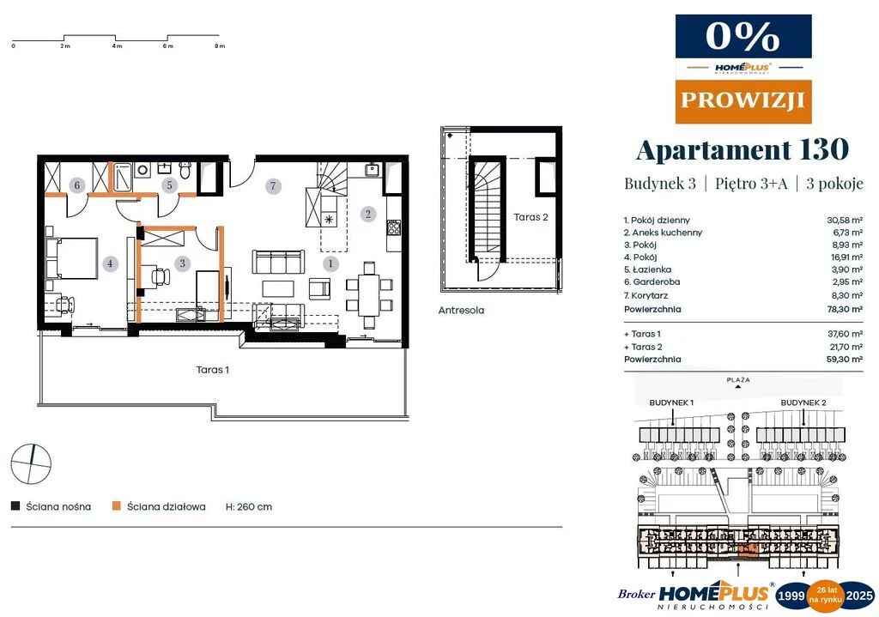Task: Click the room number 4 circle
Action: tap(110, 263)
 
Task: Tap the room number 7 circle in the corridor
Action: tap(273, 185)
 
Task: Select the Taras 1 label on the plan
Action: tap(213, 370)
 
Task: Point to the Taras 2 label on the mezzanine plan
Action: tap(530, 217)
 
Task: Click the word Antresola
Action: tap(461, 310)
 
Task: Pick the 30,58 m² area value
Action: tap(845, 221)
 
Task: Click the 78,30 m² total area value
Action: tap(845, 309)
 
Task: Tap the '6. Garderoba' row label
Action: tap(652, 281)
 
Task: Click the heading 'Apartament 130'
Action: tap(743, 149)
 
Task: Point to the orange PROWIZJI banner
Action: tap(743, 101)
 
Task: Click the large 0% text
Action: tap(743, 36)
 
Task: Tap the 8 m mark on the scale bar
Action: tap(220, 46)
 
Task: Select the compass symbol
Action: tap(32, 464)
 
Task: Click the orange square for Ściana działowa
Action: tap(117, 506)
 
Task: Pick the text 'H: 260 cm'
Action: tap(249, 506)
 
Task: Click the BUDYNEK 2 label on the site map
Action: tap(803, 402)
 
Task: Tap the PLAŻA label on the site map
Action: tap(738, 379)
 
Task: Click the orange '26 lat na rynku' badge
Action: tap(827, 596)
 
